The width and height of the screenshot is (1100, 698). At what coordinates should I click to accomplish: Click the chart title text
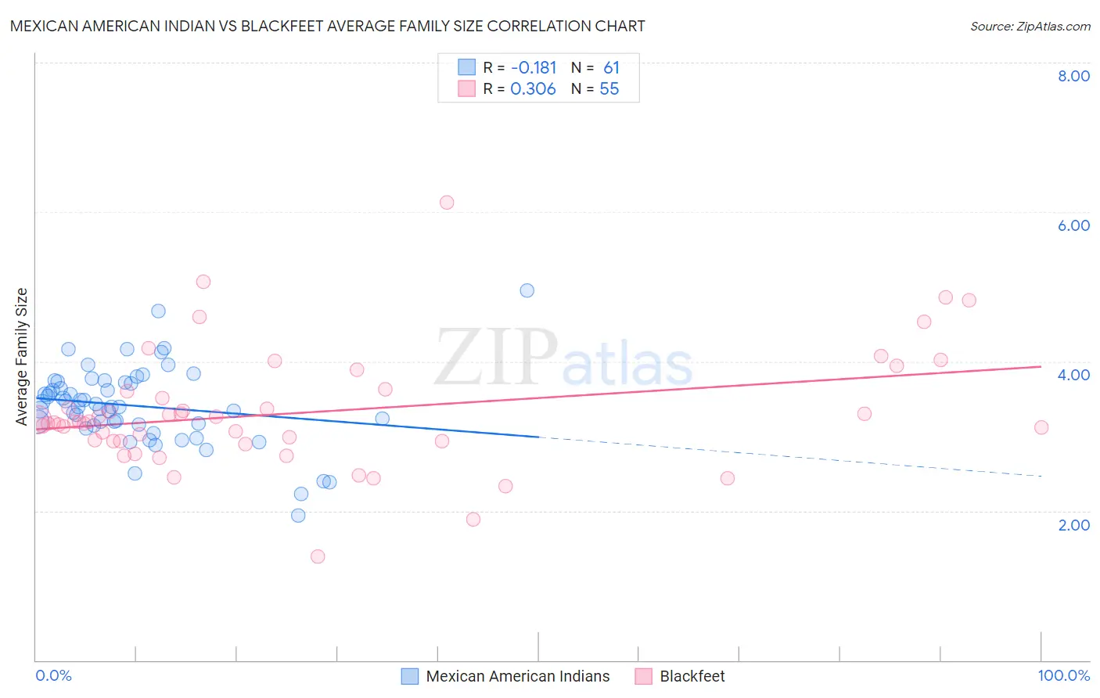[327, 26]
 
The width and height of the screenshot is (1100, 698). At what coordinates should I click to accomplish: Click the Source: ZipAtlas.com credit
[1030, 26]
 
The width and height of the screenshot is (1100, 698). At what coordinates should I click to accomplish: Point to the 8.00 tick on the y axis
[1073, 76]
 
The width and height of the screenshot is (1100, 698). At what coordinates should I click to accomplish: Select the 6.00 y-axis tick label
[1073, 225]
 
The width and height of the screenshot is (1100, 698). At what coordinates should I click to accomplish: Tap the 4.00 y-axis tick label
[1073, 375]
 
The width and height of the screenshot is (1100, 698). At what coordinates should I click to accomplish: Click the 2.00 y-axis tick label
[1073, 525]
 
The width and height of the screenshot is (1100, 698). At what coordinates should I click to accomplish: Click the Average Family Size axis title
[22, 357]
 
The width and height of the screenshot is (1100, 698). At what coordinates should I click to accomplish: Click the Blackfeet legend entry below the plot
[692, 676]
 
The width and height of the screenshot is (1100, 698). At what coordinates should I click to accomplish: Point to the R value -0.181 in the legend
[533, 68]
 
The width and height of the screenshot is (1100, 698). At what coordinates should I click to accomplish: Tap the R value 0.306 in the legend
[533, 89]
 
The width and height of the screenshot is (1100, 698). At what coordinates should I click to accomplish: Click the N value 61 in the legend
[611, 68]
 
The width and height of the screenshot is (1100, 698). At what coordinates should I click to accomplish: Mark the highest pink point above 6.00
[447, 203]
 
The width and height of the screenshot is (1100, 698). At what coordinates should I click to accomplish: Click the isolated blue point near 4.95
[527, 290]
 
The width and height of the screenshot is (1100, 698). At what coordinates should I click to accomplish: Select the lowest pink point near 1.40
[318, 556]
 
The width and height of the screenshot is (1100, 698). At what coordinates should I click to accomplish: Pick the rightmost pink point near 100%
[1041, 427]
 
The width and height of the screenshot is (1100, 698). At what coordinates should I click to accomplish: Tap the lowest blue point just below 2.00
[298, 516]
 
